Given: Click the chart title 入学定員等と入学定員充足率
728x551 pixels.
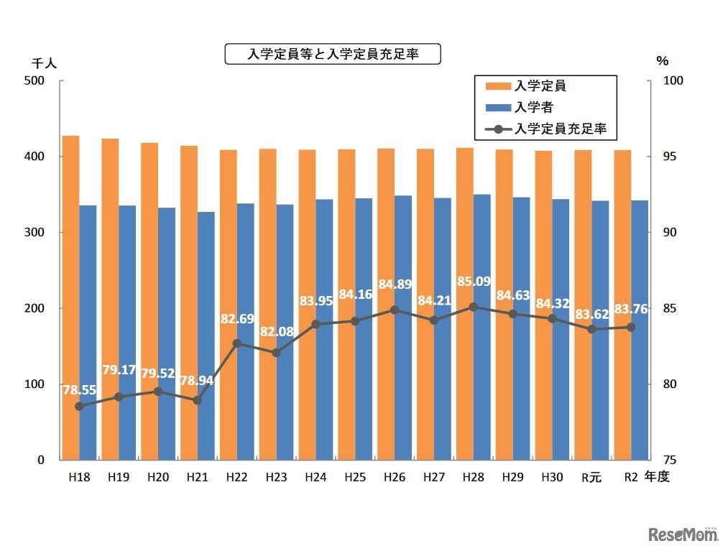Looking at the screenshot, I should [x=332, y=54].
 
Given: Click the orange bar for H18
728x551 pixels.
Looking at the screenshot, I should [x=70, y=297].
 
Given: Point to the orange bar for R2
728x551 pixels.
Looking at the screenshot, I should [x=622, y=305].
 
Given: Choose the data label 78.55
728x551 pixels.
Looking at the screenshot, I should [x=80, y=390].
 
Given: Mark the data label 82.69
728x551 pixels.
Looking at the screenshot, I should [x=237, y=318].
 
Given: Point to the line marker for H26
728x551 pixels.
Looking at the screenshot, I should [x=395, y=310].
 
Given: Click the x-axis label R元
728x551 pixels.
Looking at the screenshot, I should [x=591, y=476].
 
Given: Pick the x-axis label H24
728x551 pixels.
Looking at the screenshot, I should [x=315, y=476].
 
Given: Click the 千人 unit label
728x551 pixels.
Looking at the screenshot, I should [x=44, y=62].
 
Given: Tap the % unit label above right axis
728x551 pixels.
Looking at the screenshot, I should [x=663, y=62].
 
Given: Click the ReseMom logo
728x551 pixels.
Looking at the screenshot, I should [x=683, y=534].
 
